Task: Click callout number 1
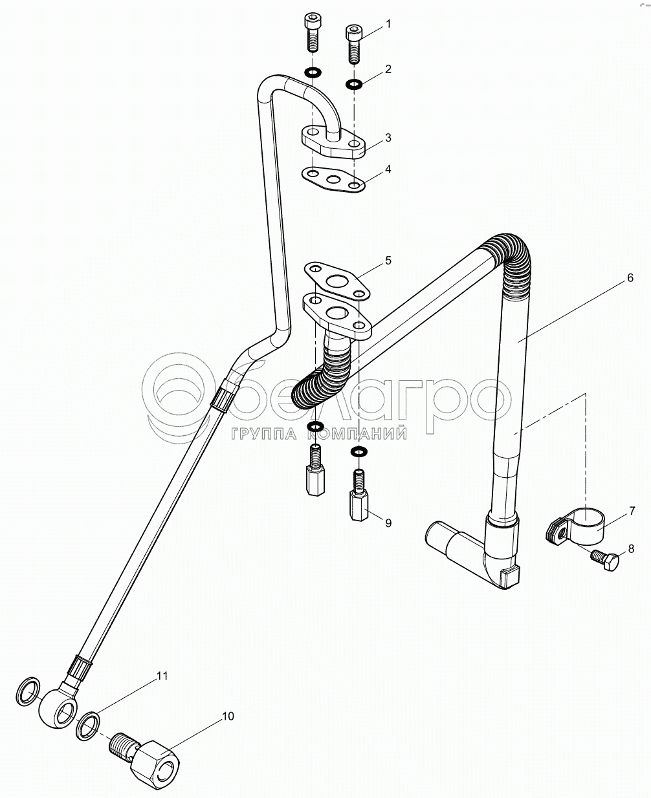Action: (x=388, y=24)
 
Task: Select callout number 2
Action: (x=388, y=69)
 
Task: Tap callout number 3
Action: (x=388, y=137)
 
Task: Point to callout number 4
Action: (x=388, y=169)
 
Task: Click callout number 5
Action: (x=388, y=260)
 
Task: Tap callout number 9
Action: (x=388, y=523)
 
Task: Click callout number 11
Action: (x=161, y=676)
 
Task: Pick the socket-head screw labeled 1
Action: (x=353, y=43)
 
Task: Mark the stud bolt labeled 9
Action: (x=357, y=497)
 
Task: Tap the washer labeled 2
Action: (x=354, y=83)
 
